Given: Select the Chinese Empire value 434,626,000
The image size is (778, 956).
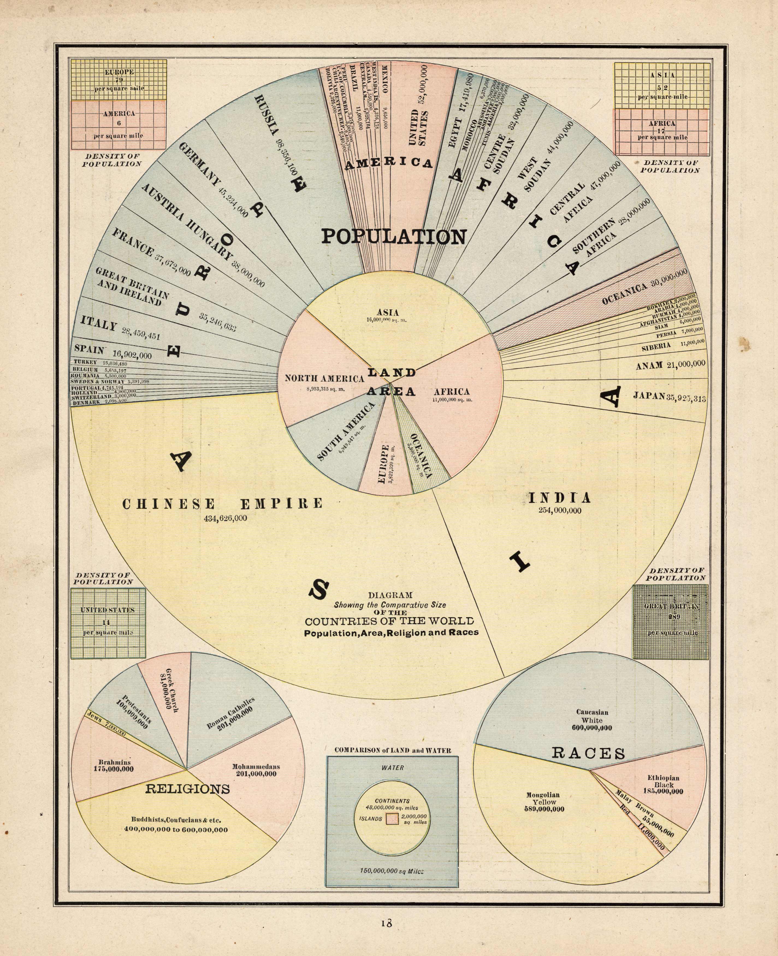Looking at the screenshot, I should (x=224, y=518).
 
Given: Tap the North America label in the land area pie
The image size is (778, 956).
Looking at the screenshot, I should (x=324, y=379).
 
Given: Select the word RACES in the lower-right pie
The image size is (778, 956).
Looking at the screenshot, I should (x=588, y=753).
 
